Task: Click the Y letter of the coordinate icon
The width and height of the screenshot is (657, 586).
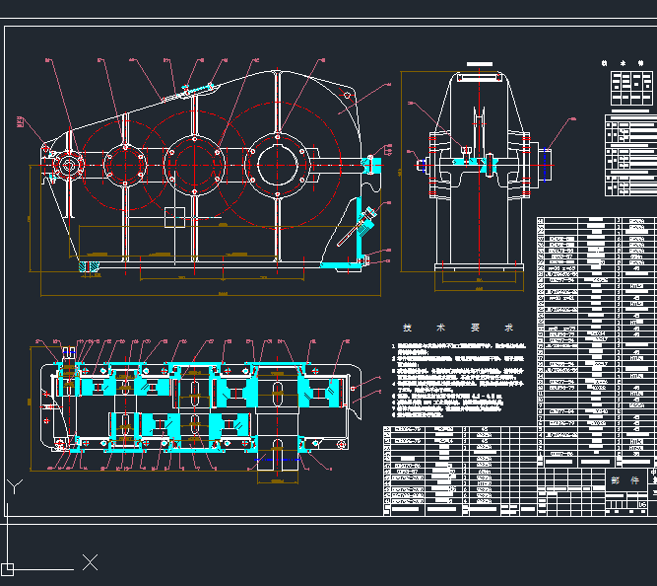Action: [14, 486]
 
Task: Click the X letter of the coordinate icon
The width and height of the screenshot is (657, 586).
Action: [91, 562]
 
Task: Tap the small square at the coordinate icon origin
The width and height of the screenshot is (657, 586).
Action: [7, 568]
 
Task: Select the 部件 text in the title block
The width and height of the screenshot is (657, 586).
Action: [618, 480]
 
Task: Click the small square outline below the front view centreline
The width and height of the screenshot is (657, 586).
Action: [175, 215]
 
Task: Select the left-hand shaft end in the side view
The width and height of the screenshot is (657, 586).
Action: [423, 164]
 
